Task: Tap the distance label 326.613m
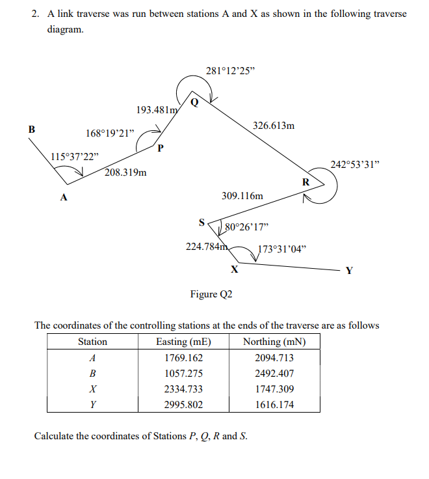pos(272,126)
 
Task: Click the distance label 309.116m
pos(242,195)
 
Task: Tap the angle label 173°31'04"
pos(283,249)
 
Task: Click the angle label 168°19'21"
pos(110,133)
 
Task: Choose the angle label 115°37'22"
pos(75,157)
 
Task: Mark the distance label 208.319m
pos(125,173)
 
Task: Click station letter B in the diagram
pos(32,129)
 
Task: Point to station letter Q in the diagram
pos(194,102)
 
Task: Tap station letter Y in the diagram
pos(349,271)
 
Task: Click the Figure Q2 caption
pos(211,294)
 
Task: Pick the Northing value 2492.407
pos(274,374)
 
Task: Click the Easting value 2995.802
pos(184,405)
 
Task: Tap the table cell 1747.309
pos(274,389)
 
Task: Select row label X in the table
pos(92,389)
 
